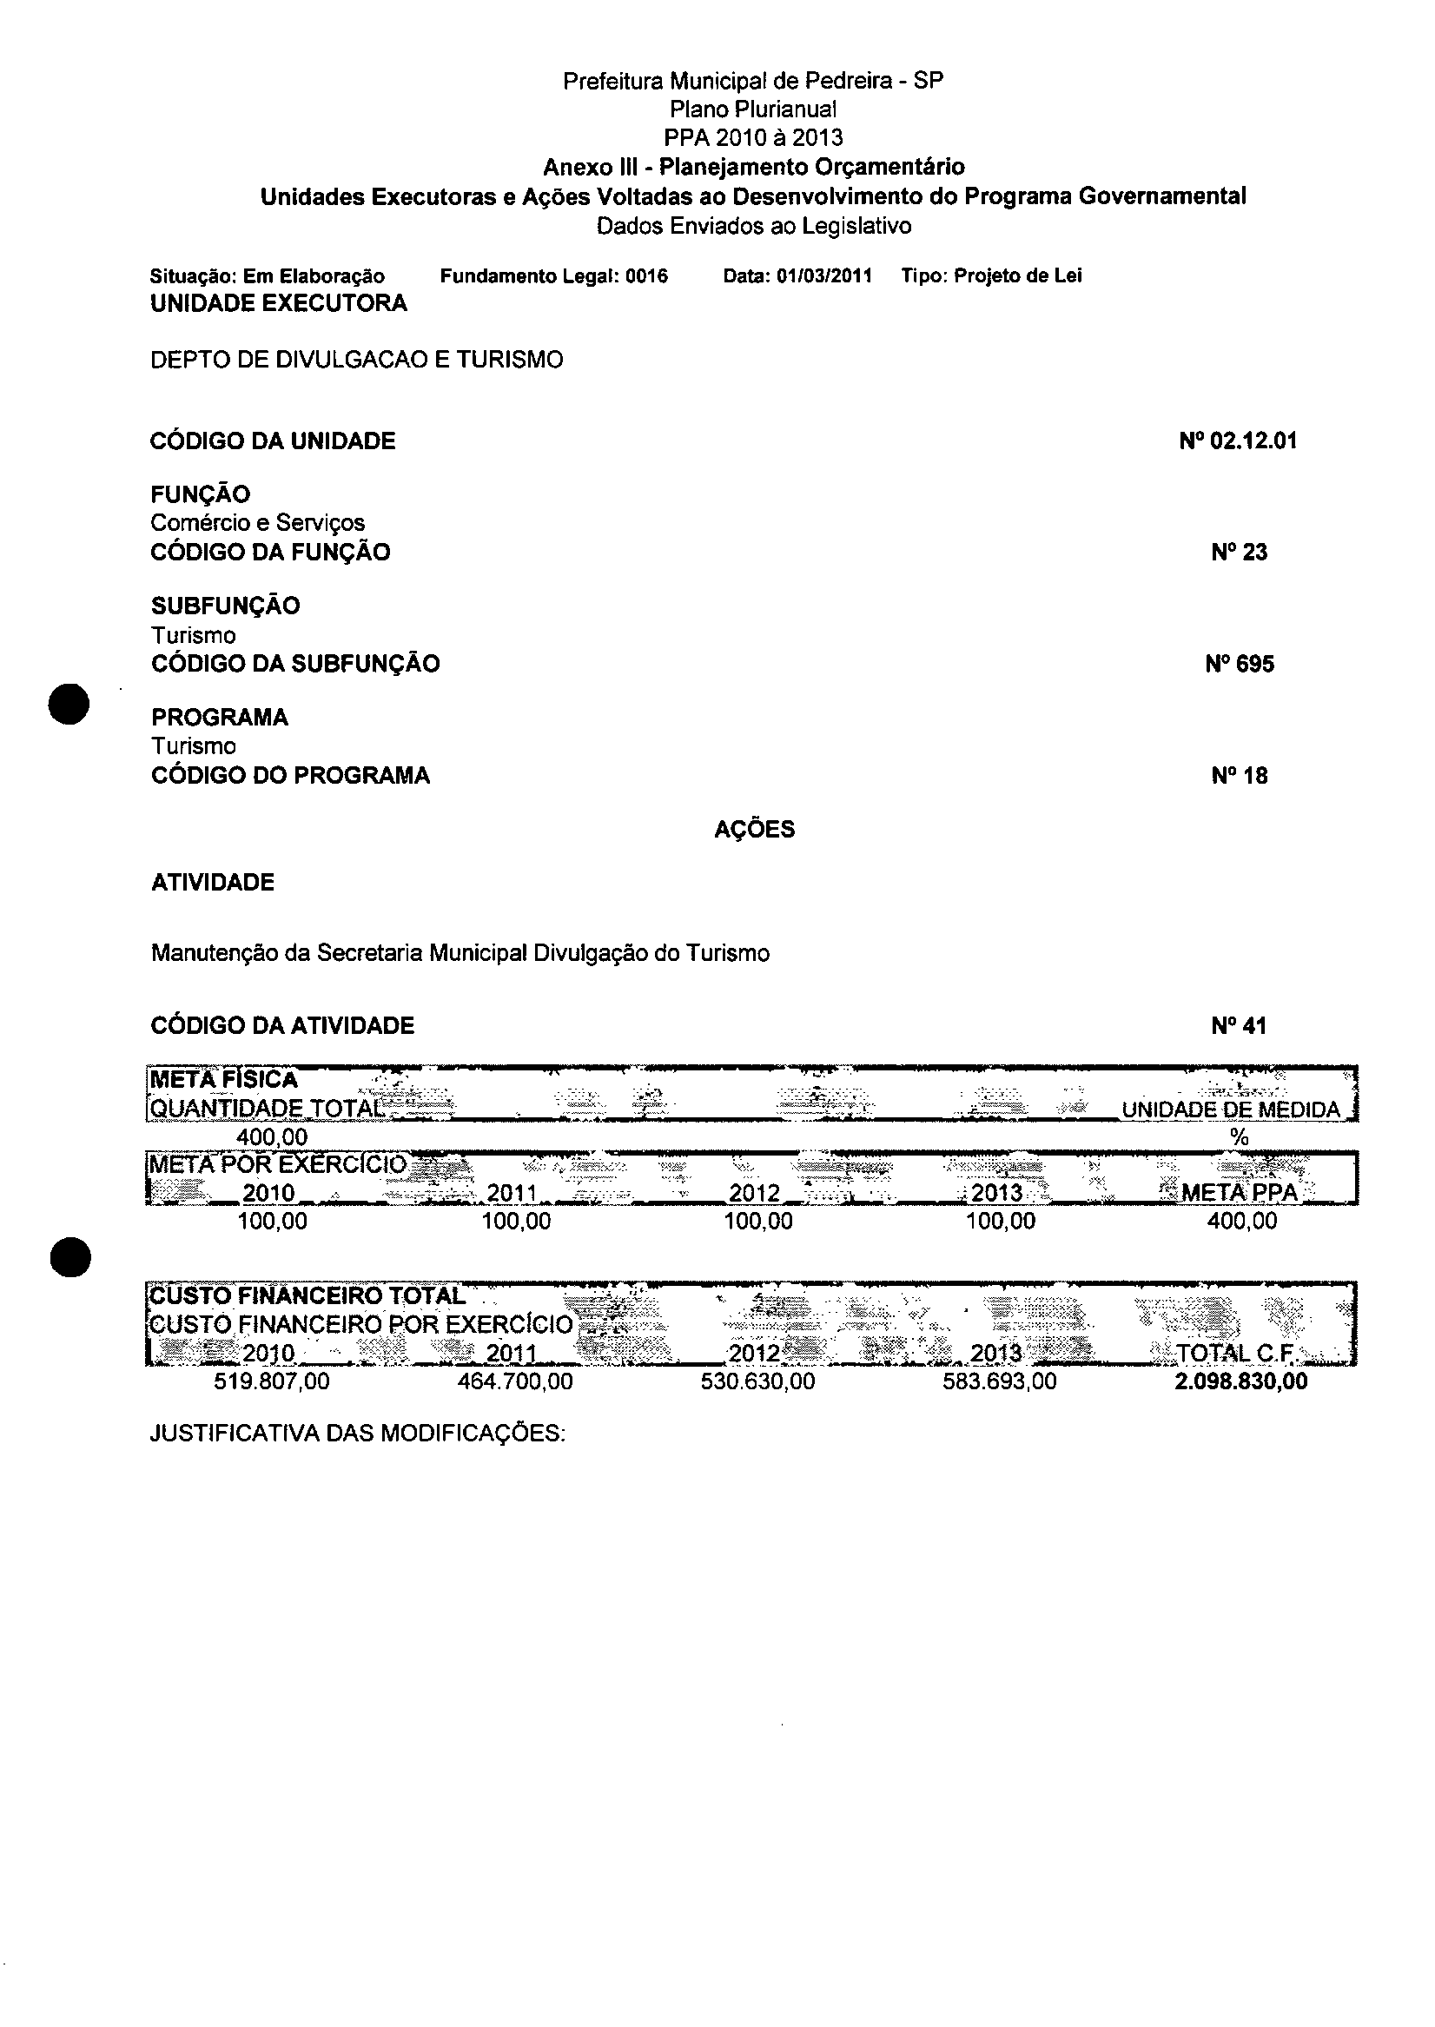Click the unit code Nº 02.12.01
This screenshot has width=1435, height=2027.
click(x=1237, y=441)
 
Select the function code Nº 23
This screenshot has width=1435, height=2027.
click(x=1239, y=553)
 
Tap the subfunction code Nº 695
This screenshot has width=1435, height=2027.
click(x=1239, y=664)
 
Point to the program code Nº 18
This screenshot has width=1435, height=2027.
click(x=1239, y=776)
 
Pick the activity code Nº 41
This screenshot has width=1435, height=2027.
click(x=1239, y=1026)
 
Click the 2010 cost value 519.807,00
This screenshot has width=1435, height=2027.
click(x=272, y=1381)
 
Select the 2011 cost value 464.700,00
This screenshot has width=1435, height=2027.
click(x=515, y=1381)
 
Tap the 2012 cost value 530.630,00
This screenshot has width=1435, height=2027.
click(x=757, y=1381)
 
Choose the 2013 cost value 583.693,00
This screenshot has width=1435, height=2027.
click(x=999, y=1381)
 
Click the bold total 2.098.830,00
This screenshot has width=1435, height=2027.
click(x=1240, y=1381)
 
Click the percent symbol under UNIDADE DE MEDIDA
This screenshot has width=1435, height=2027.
click(x=1239, y=1138)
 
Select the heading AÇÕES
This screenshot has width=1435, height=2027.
click(x=755, y=830)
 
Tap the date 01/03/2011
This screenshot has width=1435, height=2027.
click(x=824, y=276)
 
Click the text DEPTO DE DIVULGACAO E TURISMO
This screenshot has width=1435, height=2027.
click(x=357, y=360)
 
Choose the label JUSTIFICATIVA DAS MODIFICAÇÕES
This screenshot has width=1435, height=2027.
click(x=357, y=1434)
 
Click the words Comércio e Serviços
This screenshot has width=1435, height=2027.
click(x=258, y=523)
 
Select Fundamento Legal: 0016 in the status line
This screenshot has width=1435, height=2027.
click(x=554, y=276)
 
